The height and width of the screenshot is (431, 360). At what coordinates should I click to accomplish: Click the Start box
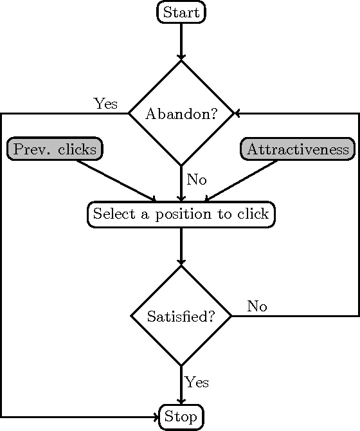click(x=181, y=12)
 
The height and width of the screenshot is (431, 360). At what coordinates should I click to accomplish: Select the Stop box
click(x=181, y=417)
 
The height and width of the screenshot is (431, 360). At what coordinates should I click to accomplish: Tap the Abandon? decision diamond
click(x=181, y=114)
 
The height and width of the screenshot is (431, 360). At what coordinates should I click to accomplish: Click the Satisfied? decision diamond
click(x=181, y=316)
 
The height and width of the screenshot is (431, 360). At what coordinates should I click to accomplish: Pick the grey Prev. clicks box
click(x=55, y=149)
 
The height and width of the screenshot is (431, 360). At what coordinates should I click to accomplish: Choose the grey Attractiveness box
click(x=298, y=149)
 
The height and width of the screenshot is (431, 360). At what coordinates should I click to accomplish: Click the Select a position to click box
click(x=181, y=214)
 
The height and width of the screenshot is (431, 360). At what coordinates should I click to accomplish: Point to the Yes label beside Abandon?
click(x=105, y=104)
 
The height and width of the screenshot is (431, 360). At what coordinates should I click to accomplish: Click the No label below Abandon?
click(x=196, y=179)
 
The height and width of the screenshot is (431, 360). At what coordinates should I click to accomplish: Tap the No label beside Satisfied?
click(x=256, y=306)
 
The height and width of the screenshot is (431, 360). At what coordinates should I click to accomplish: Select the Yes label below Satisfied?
click(x=197, y=382)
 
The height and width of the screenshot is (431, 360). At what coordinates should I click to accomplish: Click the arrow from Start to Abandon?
click(x=181, y=41)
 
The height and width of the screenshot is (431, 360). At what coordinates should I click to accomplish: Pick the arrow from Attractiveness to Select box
click(x=241, y=181)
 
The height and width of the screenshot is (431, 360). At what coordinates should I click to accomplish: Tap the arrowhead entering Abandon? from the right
click(x=237, y=114)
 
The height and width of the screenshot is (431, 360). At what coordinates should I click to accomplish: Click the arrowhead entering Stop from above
click(x=181, y=401)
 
